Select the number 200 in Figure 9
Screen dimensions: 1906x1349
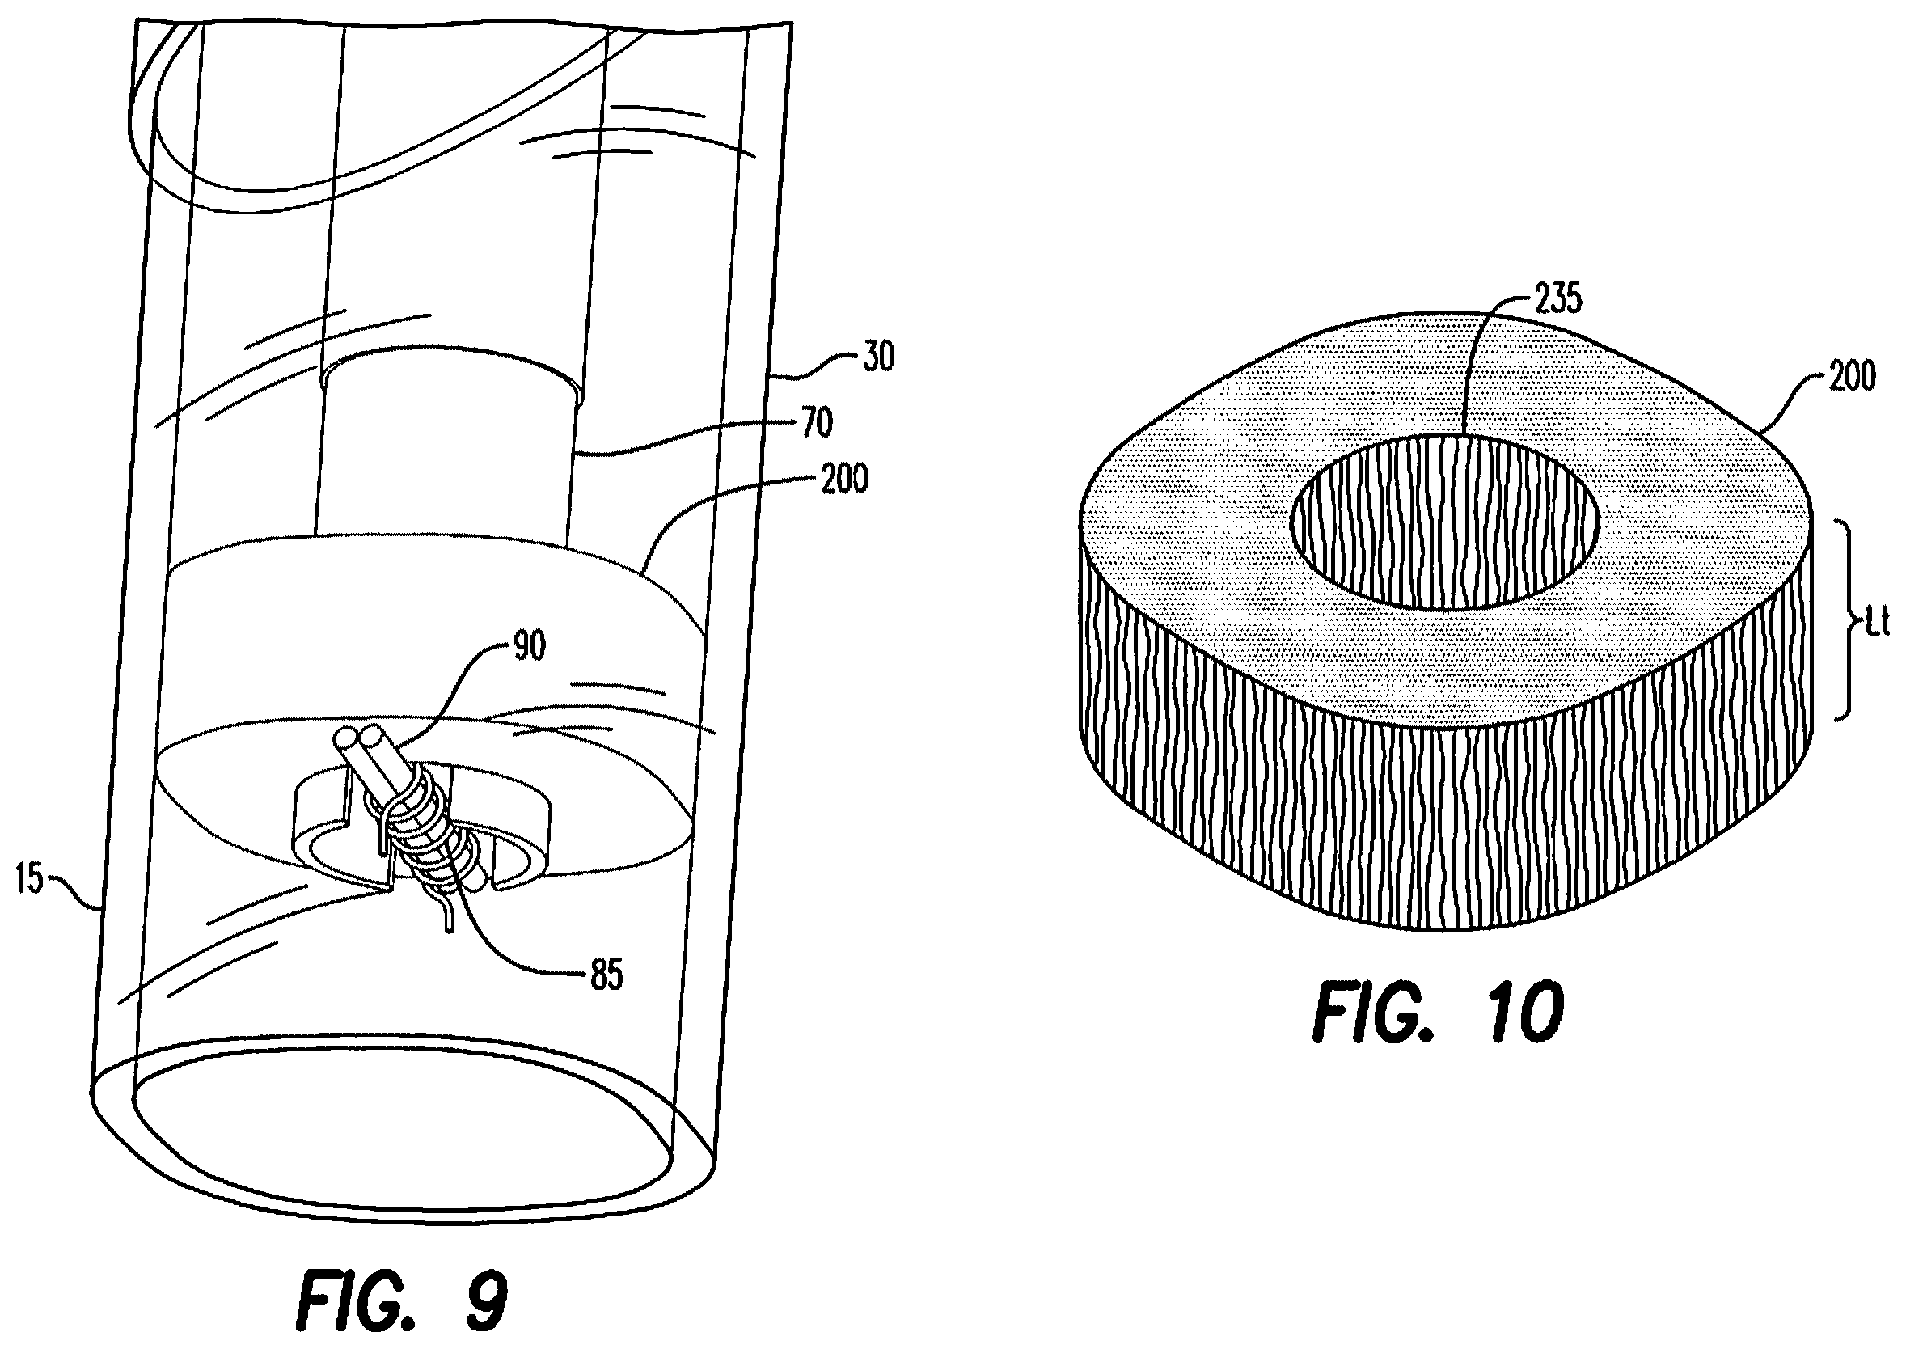pyautogui.click(x=843, y=480)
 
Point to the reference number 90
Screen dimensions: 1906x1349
pyautogui.click(x=527, y=646)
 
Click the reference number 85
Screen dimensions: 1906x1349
pyautogui.click(x=606, y=976)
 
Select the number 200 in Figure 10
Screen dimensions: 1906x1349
pyautogui.click(x=1849, y=376)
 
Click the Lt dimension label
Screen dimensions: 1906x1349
pyautogui.click(x=1875, y=623)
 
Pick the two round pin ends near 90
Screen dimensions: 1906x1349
pyautogui.click(x=360, y=738)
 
